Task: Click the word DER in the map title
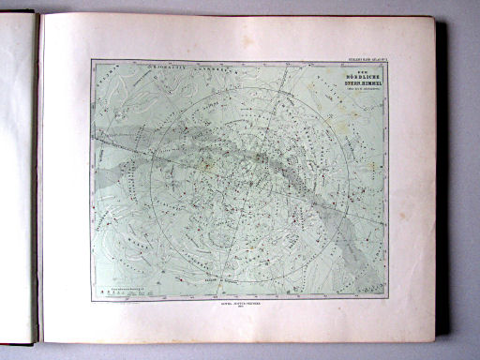click(x=356, y=67)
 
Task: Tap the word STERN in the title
click(x=347, y=81)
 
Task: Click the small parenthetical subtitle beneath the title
click(x=356, y=87)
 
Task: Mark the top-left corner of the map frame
click(x=92, y=61)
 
